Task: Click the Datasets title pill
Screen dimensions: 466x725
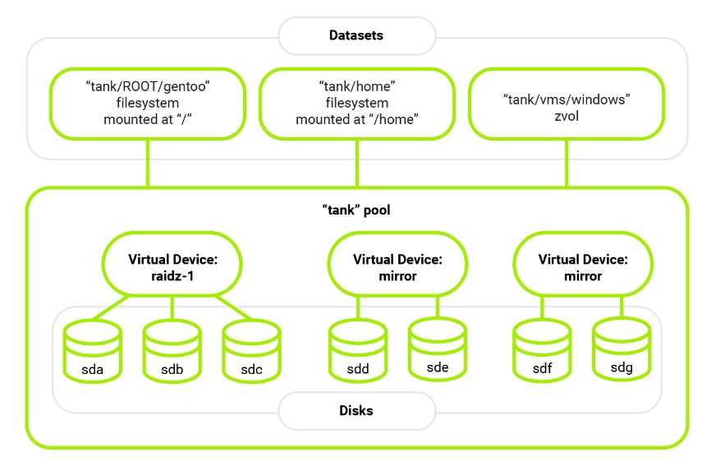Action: tap(356, 36)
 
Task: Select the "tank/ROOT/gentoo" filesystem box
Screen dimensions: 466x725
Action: tap(148, 103)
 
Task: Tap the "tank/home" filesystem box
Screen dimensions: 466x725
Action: tap(356, 103)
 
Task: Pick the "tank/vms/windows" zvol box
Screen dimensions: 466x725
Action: tap(565, 103)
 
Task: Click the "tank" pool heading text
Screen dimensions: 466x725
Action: tap(356, 210)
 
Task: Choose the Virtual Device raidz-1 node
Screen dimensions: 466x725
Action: tap(172, 267)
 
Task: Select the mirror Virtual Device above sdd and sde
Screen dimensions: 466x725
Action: tap(397, 267)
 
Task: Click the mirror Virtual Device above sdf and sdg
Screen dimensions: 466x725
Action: tap(583, 267)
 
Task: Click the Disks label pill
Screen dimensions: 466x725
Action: tap(356, 410)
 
